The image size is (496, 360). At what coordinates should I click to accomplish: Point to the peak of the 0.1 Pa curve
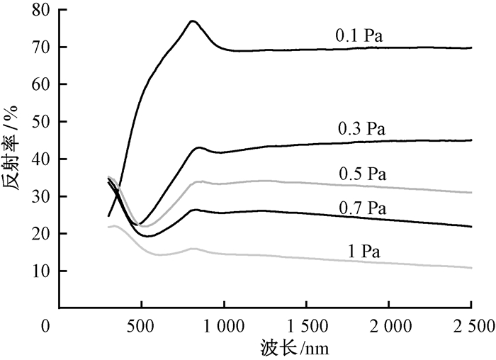[x=193, y=21]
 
